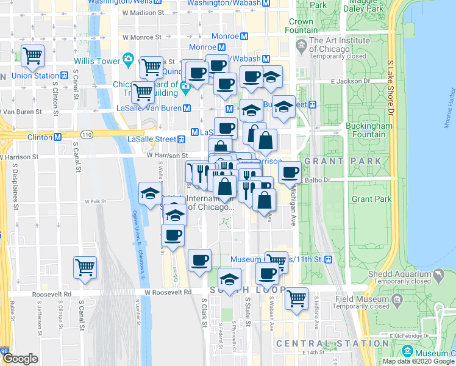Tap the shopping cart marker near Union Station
(33, 56)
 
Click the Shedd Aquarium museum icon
(438, 276)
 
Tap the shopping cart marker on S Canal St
(85, 267)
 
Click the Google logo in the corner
(20, 359)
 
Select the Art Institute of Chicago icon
(302, 45)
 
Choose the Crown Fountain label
(301, 26)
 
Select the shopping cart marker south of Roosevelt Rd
(296, 299)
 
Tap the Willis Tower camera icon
(129, 59)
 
